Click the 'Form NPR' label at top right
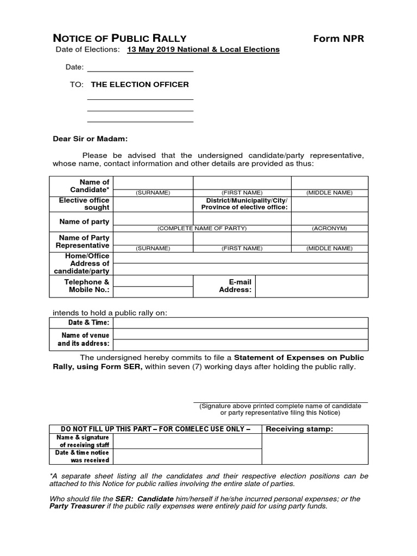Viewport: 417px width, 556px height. tap(339, 38)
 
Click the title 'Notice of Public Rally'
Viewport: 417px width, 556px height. tap(119, 38)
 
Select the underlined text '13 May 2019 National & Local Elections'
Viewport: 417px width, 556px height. tap(203, 49)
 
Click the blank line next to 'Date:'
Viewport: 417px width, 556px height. tap(140, 67)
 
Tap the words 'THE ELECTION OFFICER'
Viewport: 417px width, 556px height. tap(140, 85)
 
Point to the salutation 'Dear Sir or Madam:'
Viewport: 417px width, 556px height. tap(90, 138)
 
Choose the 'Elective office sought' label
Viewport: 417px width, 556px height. tap(84, 204)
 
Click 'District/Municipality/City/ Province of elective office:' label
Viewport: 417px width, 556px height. tap(244, 204)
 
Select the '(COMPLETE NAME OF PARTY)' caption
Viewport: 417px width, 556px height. tap(202, 229)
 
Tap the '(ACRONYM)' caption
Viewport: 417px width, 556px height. tap(330, 229)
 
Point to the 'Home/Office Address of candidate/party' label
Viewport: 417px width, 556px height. tap(87, 263)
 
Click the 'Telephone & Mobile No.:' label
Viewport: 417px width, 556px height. tap(87, 286)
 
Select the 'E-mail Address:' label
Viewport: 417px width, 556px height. tap(236, 286)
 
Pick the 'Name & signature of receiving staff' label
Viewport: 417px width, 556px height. tap(82, 441)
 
